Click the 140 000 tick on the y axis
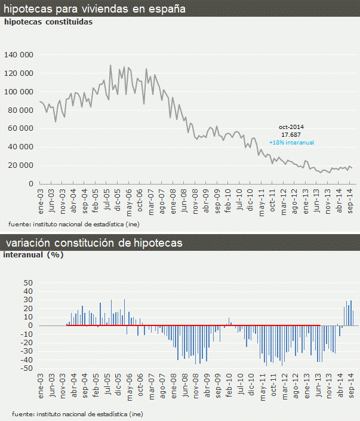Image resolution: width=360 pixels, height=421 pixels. (x=20, y=55)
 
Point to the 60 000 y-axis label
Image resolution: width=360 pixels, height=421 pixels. (x=21, y=128)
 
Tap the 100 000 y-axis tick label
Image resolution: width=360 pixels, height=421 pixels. (x=20, y=91)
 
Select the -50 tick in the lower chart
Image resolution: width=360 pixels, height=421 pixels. (x=26, y=368)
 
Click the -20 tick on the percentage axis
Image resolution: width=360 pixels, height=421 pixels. (x=26, y=343)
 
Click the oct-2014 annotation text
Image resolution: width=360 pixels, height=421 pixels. (x=291, y=127)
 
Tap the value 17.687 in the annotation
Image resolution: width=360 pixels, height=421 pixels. (x=291, y=135)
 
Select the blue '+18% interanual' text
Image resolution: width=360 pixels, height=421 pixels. (x=291, y=143)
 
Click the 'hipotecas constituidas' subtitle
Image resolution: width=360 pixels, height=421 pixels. (x=48, y=22)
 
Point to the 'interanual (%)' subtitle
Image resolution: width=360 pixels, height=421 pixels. (x=33, y=254)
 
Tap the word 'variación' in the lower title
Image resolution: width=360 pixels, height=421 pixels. (x=27, y=243)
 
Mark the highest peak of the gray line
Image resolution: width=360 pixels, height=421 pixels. (x=110, y=65)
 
